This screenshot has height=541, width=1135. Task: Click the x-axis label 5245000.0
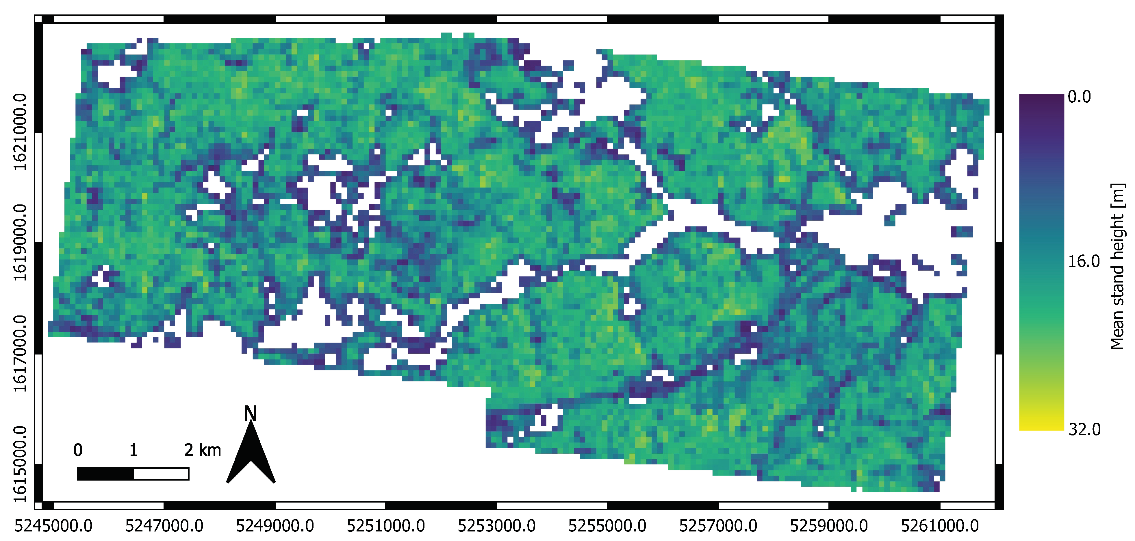pos(54,526)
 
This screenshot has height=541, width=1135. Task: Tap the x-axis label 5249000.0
pos(275,526)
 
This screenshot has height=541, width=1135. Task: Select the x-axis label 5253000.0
pos(496,526)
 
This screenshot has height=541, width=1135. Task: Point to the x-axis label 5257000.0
pos(718,526)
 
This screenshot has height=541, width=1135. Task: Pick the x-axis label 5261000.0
pos(940,526)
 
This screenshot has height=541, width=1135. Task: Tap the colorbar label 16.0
pos(1084,261)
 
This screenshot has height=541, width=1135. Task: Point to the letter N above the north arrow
pos(250,413)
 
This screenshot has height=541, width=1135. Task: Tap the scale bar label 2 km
pos(202,450)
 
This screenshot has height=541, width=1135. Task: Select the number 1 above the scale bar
pos(133,450)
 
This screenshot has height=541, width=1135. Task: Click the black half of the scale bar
pos(106,474)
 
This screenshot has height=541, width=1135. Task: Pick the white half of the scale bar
pos(161,474)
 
